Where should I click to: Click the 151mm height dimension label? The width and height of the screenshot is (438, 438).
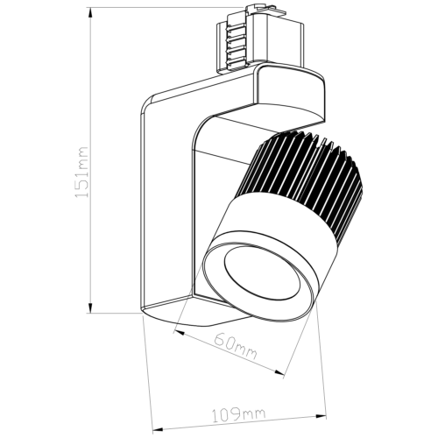(x=81, y=173)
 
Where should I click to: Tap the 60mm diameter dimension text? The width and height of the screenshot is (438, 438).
(x=236, y=346)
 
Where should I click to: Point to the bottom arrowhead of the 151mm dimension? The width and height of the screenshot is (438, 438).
(x=90, y=307)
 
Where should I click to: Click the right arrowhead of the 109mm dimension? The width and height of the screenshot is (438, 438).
(x=321, y=416)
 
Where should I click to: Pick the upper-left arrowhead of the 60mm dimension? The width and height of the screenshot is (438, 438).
(x=179, y=333)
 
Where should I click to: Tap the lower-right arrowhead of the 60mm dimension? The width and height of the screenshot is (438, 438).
(x=279, y=372)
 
